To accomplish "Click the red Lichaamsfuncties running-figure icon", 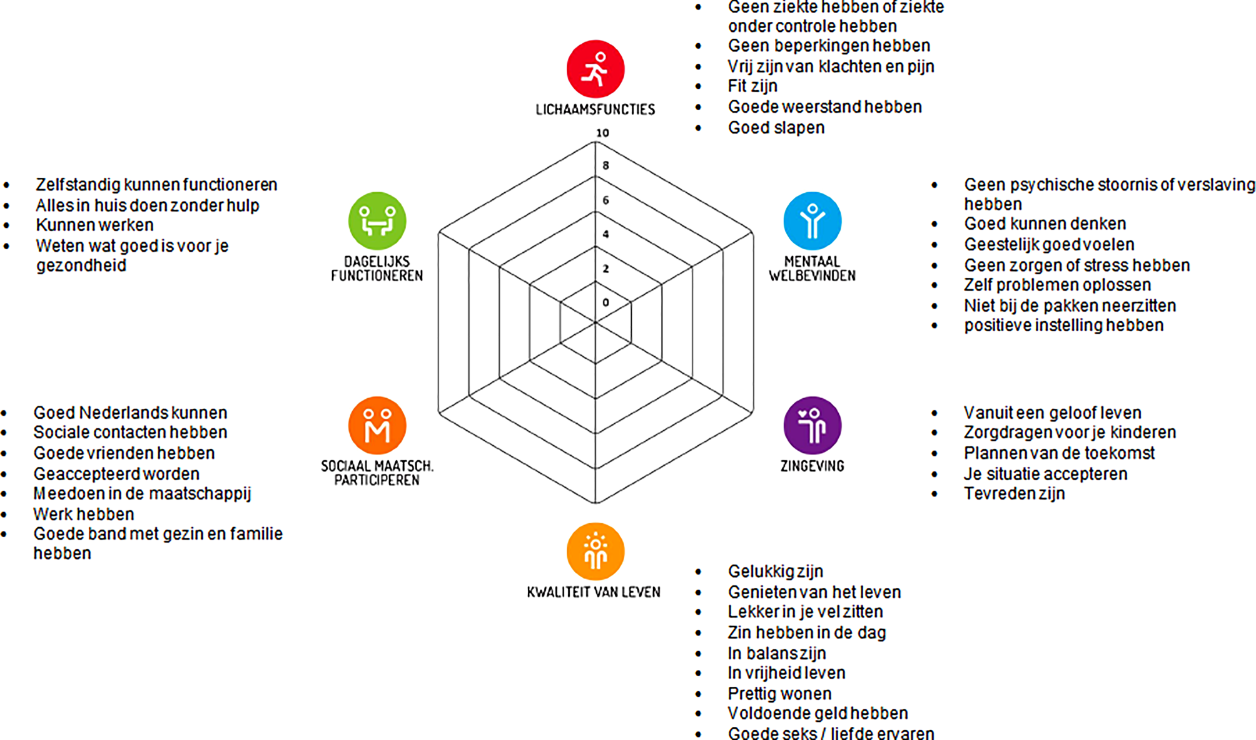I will click(x=595, y=69).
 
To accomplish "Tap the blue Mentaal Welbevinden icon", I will click(x=812, y=221).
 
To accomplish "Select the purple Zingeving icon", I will click(x=812, y=426).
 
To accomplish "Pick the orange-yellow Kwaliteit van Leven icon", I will click(x=595, y=552).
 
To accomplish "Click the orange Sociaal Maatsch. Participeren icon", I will click(x=377, y=426).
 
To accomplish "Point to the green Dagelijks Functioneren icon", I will click(x=377, y=221).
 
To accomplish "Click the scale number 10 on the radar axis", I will click(x=602, y=133).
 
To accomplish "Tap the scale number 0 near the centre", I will click(x=605, y=302).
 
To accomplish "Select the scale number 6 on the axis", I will click(x=605, y=200).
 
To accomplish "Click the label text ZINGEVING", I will click(x=812, y=466).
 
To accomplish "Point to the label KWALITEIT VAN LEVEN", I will click(x=594, y=592).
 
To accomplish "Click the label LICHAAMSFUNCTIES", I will click(x=595, y=110).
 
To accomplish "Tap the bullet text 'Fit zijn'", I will click(x=752, y=86).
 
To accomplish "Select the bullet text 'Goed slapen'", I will click(x=776, y=128).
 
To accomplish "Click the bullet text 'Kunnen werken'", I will click(x=94, y=225).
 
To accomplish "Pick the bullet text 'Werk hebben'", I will click(x=84, y=514).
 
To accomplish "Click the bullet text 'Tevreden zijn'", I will click(x=1014, y=493).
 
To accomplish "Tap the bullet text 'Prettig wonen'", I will click(x=779, y=694).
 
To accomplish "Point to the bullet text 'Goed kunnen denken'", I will click(x=1045, y=224).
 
